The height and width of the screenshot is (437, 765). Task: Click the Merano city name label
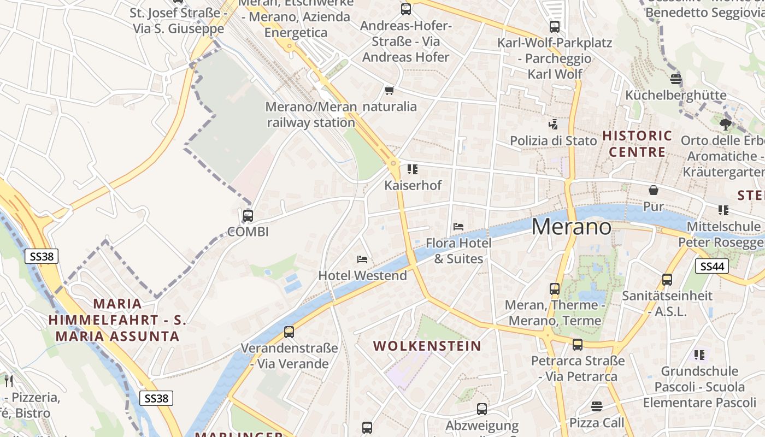tap(571, 226)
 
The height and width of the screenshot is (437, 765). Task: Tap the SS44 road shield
tap(711, 266)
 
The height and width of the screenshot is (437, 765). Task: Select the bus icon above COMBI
tap(248, 215)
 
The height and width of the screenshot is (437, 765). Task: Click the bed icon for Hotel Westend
tap(362, 259)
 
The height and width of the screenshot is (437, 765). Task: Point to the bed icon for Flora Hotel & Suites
tap(458, 226)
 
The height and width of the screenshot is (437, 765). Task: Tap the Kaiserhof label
tap(413, 185)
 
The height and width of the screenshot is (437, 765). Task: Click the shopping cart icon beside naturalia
tap(389, 90)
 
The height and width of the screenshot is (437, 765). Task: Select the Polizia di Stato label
tap(553, 140)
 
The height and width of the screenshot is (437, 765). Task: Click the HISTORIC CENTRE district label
tap(637, 143)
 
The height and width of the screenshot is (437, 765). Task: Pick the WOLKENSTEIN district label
tap(427, 346)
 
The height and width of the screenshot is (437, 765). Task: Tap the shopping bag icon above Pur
tap(653, 190)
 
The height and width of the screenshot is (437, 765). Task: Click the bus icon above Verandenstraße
tap(289, 332)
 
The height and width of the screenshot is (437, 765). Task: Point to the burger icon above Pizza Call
tap(596, 406)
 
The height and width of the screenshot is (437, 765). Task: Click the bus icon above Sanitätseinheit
tap(667, 280)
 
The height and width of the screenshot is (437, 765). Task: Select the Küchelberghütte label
tap(675, 95)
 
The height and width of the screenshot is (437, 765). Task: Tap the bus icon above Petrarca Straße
tap(578, 345)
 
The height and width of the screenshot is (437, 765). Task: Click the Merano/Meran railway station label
tap(310, 115)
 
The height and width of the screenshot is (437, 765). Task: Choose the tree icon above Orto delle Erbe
tap(725, 125)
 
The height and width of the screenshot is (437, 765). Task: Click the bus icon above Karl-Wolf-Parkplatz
tap(554, 26)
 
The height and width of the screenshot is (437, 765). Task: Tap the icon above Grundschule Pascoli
tap(699, 355)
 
